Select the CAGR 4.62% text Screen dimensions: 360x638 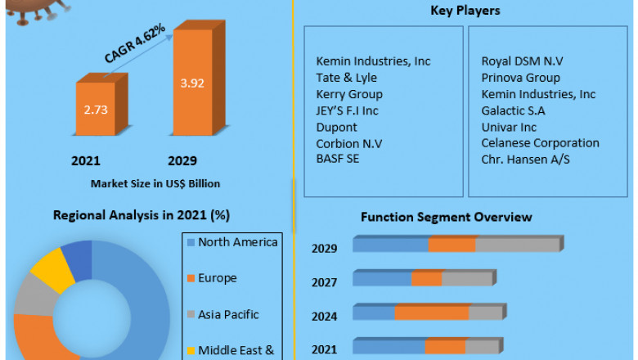(135, 44)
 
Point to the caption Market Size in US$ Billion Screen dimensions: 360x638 (155, 182)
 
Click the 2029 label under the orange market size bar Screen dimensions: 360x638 (182, 160)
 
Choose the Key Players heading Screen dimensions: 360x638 (465, 11)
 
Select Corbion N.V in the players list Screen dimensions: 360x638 (350, 143)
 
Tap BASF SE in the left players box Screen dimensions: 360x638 (338, 159)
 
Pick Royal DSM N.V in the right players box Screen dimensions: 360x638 (523, 61)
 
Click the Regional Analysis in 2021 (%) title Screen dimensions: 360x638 (141, 215)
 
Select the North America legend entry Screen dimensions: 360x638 (238, 242)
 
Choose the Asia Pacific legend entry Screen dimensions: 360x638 (228, 313)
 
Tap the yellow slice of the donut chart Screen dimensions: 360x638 (47, 268)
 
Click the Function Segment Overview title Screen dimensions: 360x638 (446, 217)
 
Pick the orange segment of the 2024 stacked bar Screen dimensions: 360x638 (431, 313)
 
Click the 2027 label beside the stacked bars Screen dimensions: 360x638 (325, 282)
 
